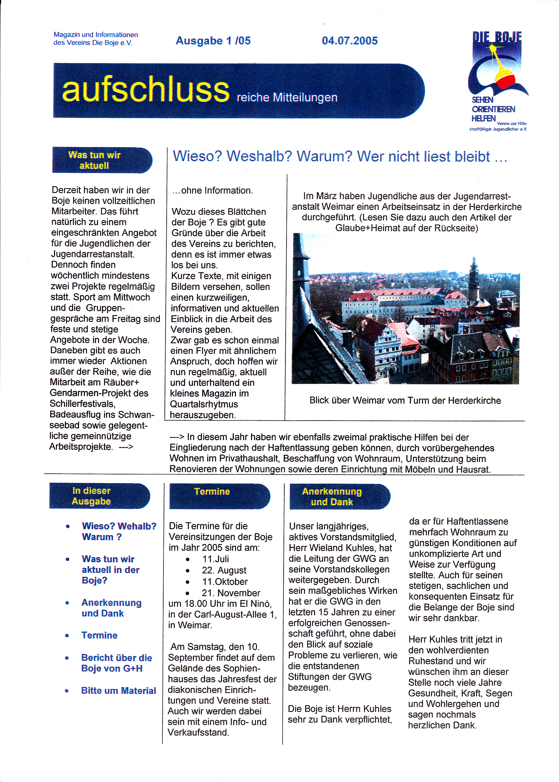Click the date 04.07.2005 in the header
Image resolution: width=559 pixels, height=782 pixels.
click(x=349, y=41)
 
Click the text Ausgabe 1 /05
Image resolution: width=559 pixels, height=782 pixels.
click(x=213, y=41)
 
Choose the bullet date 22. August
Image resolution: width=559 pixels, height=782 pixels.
click(x=224, y=570)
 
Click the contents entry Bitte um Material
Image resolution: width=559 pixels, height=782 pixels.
click(x=118, y=691)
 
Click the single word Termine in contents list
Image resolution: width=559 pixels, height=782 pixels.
click(x=99, y=635)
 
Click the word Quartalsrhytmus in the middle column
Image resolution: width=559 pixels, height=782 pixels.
click(x=204, y=404)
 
